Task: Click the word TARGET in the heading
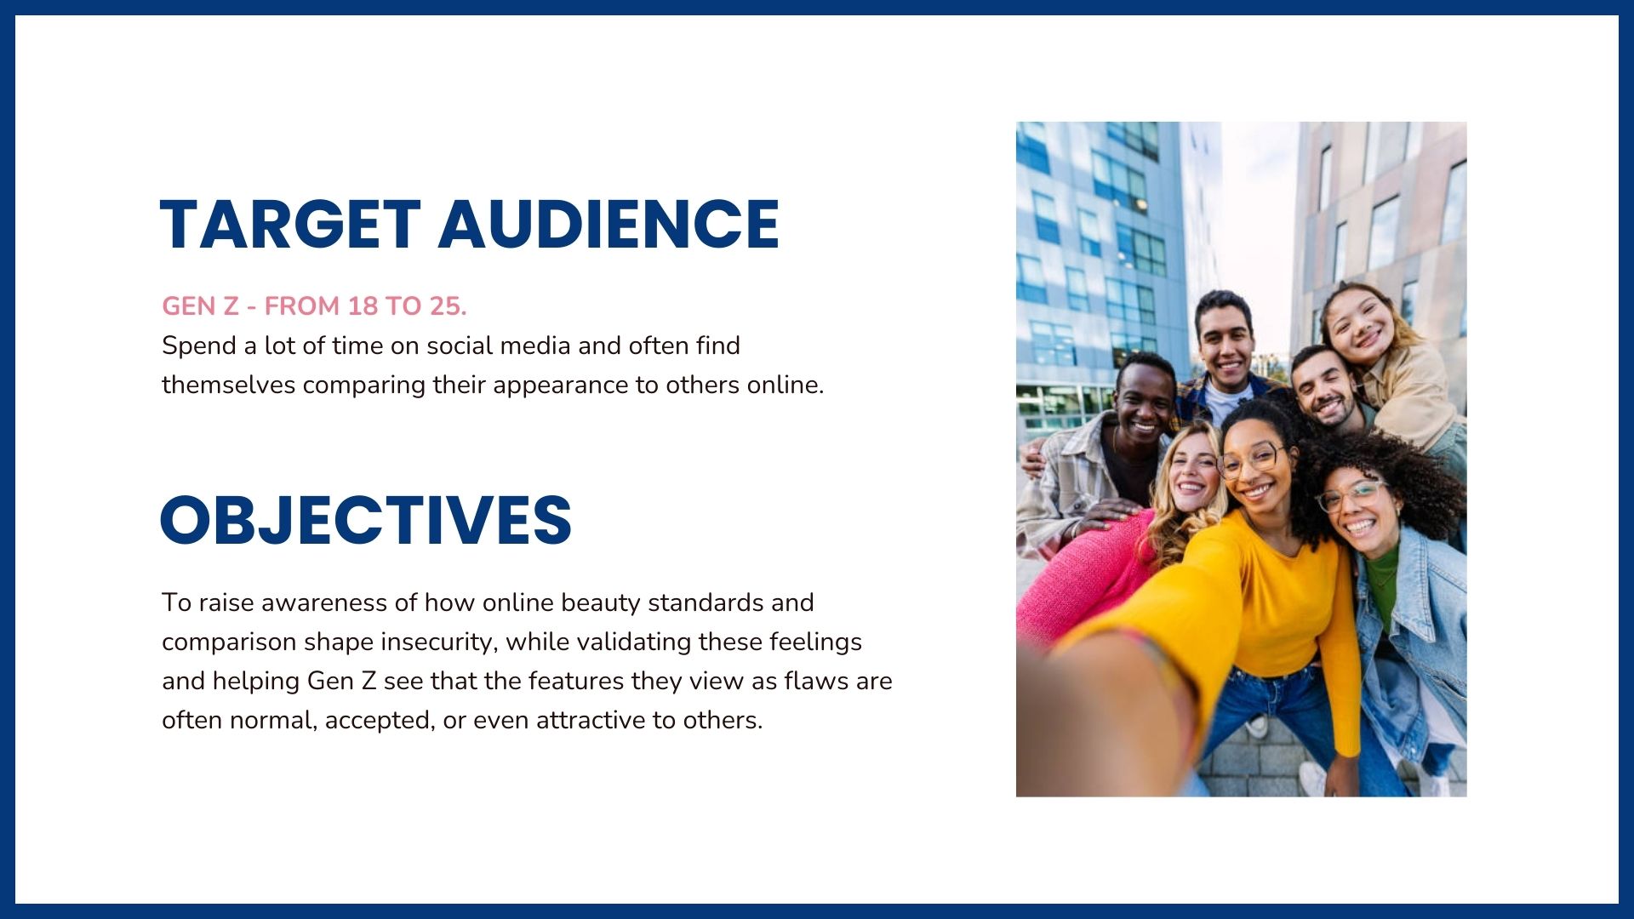click(290, 225)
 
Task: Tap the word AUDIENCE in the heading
click(608, 225)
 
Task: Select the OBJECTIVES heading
click(366, 520)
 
